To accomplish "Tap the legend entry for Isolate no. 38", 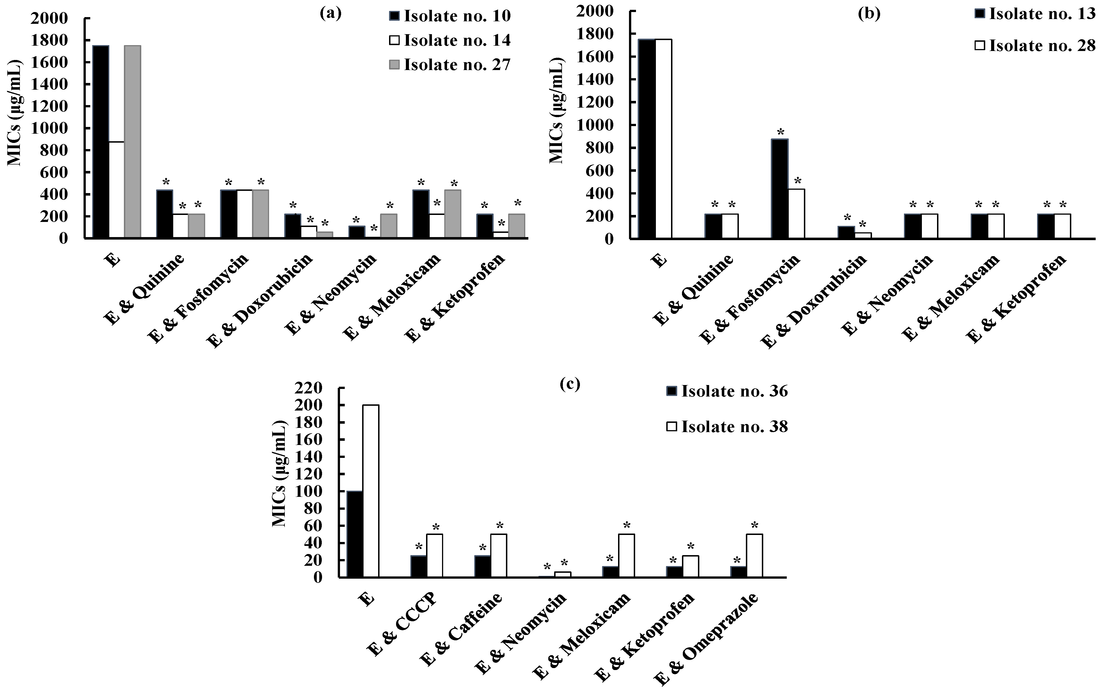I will [727, 427].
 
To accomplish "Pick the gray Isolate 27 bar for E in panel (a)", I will [132, 142].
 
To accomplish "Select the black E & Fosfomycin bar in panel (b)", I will [780, 189].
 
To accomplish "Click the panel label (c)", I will [570, 384].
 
